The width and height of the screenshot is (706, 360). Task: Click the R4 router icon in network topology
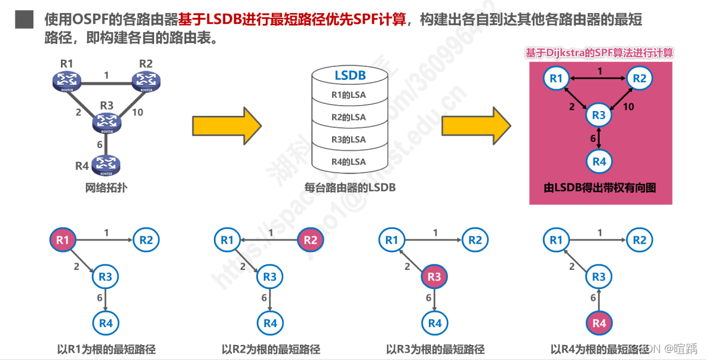tap(106, 165)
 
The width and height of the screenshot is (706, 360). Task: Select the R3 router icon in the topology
tap(106, 122)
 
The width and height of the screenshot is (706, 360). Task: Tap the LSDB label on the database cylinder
tap(350, 76)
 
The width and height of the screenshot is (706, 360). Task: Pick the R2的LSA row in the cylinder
tap(349, 117)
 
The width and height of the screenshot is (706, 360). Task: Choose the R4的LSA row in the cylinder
tap(349, 162)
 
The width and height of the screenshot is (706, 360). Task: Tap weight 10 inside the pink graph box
tap(628, 107)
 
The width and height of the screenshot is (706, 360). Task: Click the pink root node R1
tap(62, 240)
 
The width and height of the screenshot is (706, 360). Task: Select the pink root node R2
tap(311, 240)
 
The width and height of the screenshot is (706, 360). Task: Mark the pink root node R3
tap(434, 277)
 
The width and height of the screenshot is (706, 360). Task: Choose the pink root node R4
tap(599, 323)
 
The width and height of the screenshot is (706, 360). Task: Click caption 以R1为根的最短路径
tap(106, 349)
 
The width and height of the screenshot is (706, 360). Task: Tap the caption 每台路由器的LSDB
tap(350, 187)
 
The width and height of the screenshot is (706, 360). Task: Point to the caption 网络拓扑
tap(106, 187)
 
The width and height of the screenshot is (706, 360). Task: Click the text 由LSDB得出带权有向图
tap(600, 187)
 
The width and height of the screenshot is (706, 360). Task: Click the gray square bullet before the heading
tap(24, 19)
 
